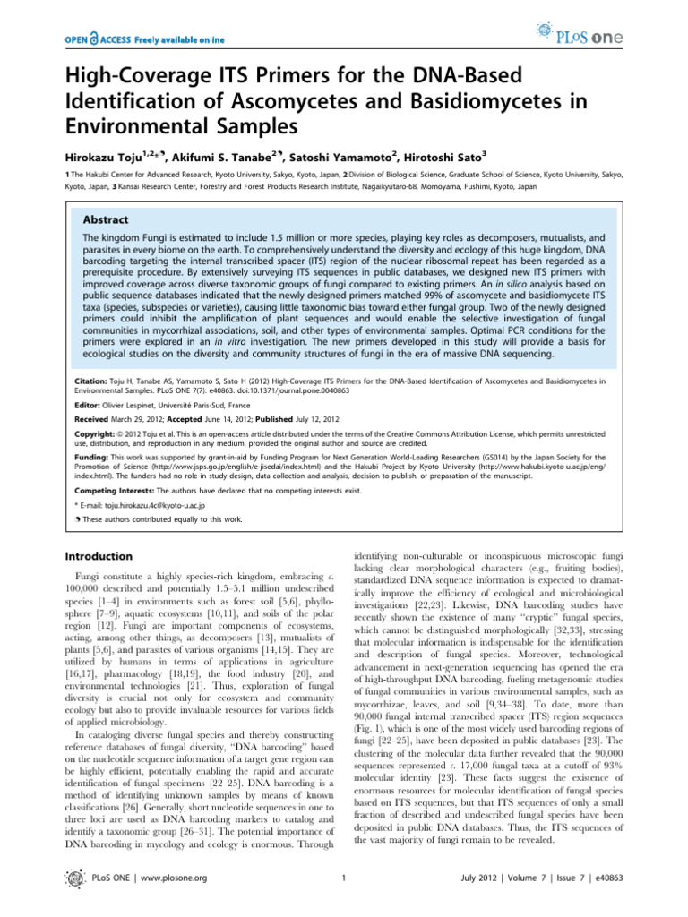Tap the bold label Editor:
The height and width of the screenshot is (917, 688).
89,404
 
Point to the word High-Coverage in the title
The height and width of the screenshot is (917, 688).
142,73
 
